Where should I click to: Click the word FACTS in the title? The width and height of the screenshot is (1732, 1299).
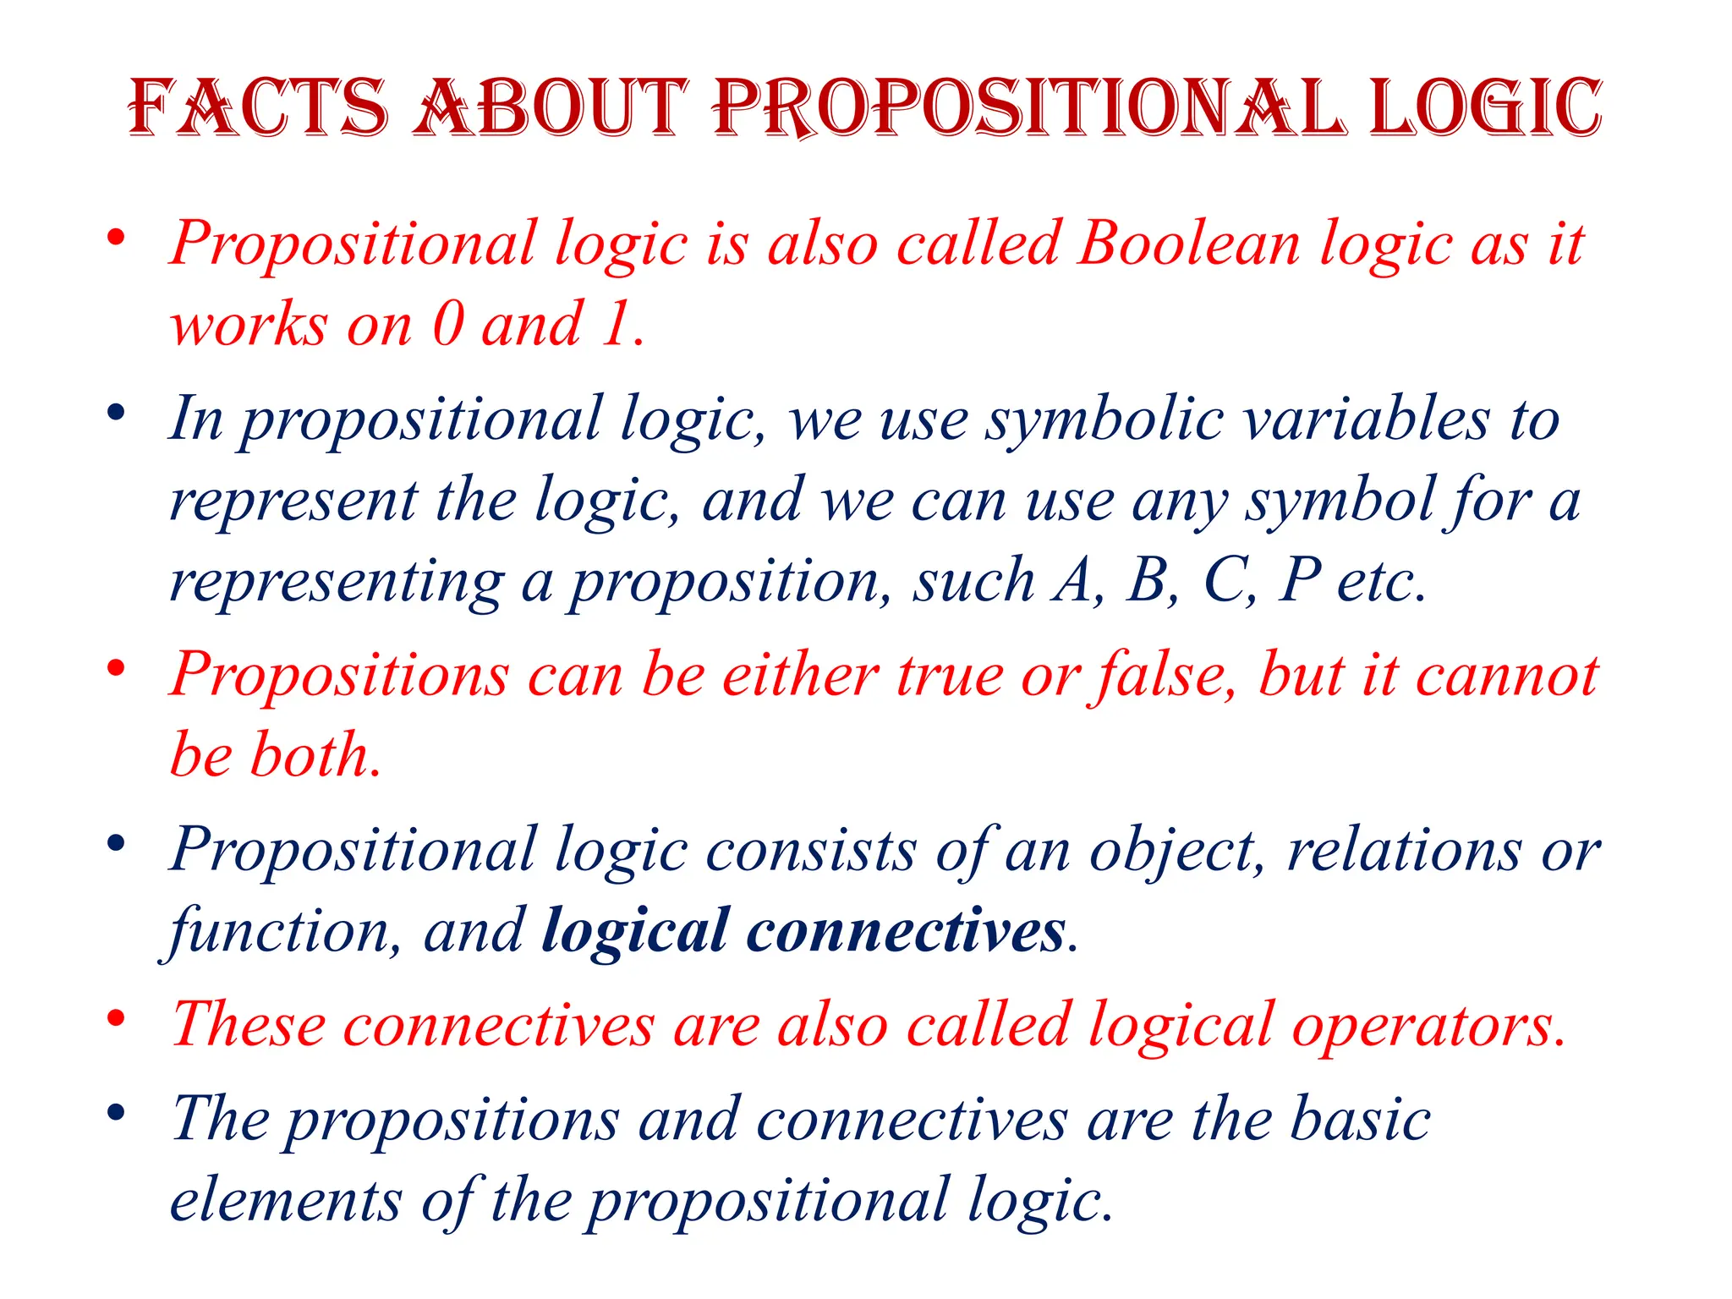258,107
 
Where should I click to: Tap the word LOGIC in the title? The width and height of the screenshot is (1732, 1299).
1485,107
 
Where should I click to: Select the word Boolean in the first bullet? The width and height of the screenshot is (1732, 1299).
1189,244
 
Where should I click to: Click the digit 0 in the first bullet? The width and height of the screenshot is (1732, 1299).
448,324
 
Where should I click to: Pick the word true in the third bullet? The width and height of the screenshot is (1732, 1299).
949,676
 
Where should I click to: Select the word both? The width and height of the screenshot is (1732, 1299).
313,754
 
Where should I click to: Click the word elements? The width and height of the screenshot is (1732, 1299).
286,1200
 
